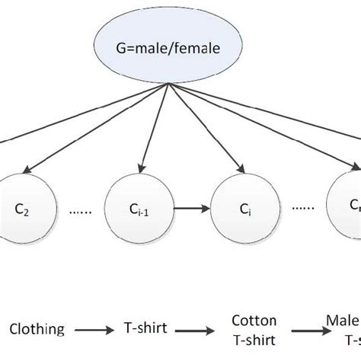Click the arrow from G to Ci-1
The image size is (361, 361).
coord(155,129)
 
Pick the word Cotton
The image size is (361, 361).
coord(254,321)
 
